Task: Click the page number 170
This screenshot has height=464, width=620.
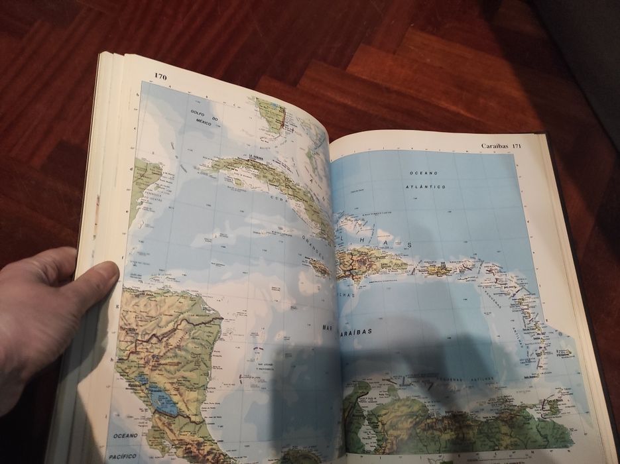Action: (x=160, y=77)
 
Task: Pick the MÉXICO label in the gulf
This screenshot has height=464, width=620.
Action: (x=204, y=123)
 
